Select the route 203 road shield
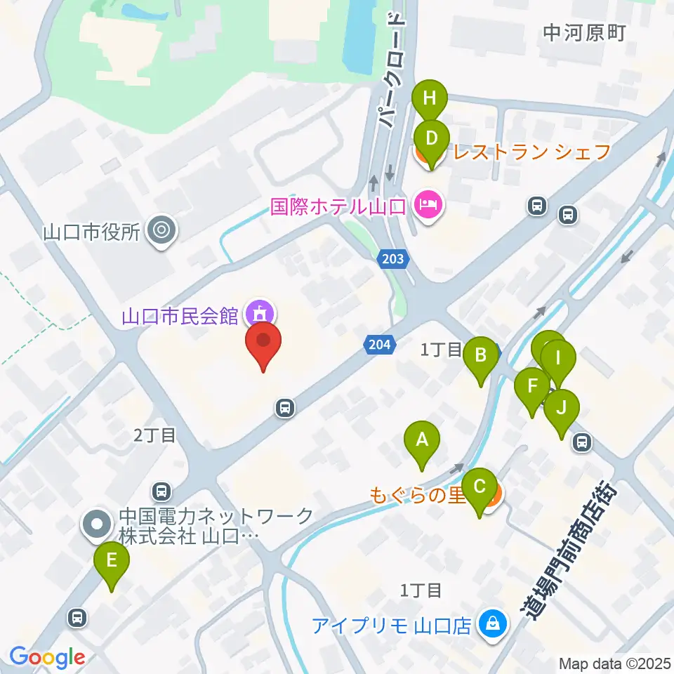(393, 260)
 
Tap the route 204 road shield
(377, 343)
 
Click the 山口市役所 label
(92, 230)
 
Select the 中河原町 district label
(583, 32)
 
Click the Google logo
(47, 657)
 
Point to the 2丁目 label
(155, 435)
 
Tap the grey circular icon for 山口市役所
(162, 230)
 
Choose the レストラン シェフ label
(532, 151)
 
